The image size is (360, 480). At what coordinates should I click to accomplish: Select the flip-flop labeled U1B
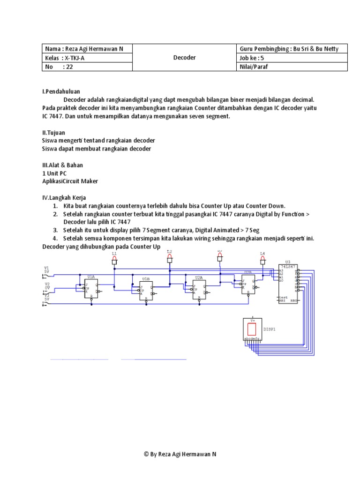click(146, 291)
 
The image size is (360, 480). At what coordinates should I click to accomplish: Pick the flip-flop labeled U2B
click(248, 284)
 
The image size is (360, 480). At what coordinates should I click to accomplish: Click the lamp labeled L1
click(114, 262)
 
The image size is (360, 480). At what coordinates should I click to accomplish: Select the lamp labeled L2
click(170, 260)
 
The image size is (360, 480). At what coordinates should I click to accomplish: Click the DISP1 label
click(270, 329)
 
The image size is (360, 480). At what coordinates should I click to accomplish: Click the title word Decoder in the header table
click(184, 58)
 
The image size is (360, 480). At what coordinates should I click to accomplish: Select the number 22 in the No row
click(70, 67)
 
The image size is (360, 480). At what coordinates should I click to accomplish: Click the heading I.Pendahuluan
click(61, 91)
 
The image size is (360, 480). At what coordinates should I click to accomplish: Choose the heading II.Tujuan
click(55, 132)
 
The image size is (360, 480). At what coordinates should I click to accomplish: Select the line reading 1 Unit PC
click(54, 173)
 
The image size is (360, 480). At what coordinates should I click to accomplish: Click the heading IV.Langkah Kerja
click(64, 197)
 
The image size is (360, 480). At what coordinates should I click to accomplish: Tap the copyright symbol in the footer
click(146, 454)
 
